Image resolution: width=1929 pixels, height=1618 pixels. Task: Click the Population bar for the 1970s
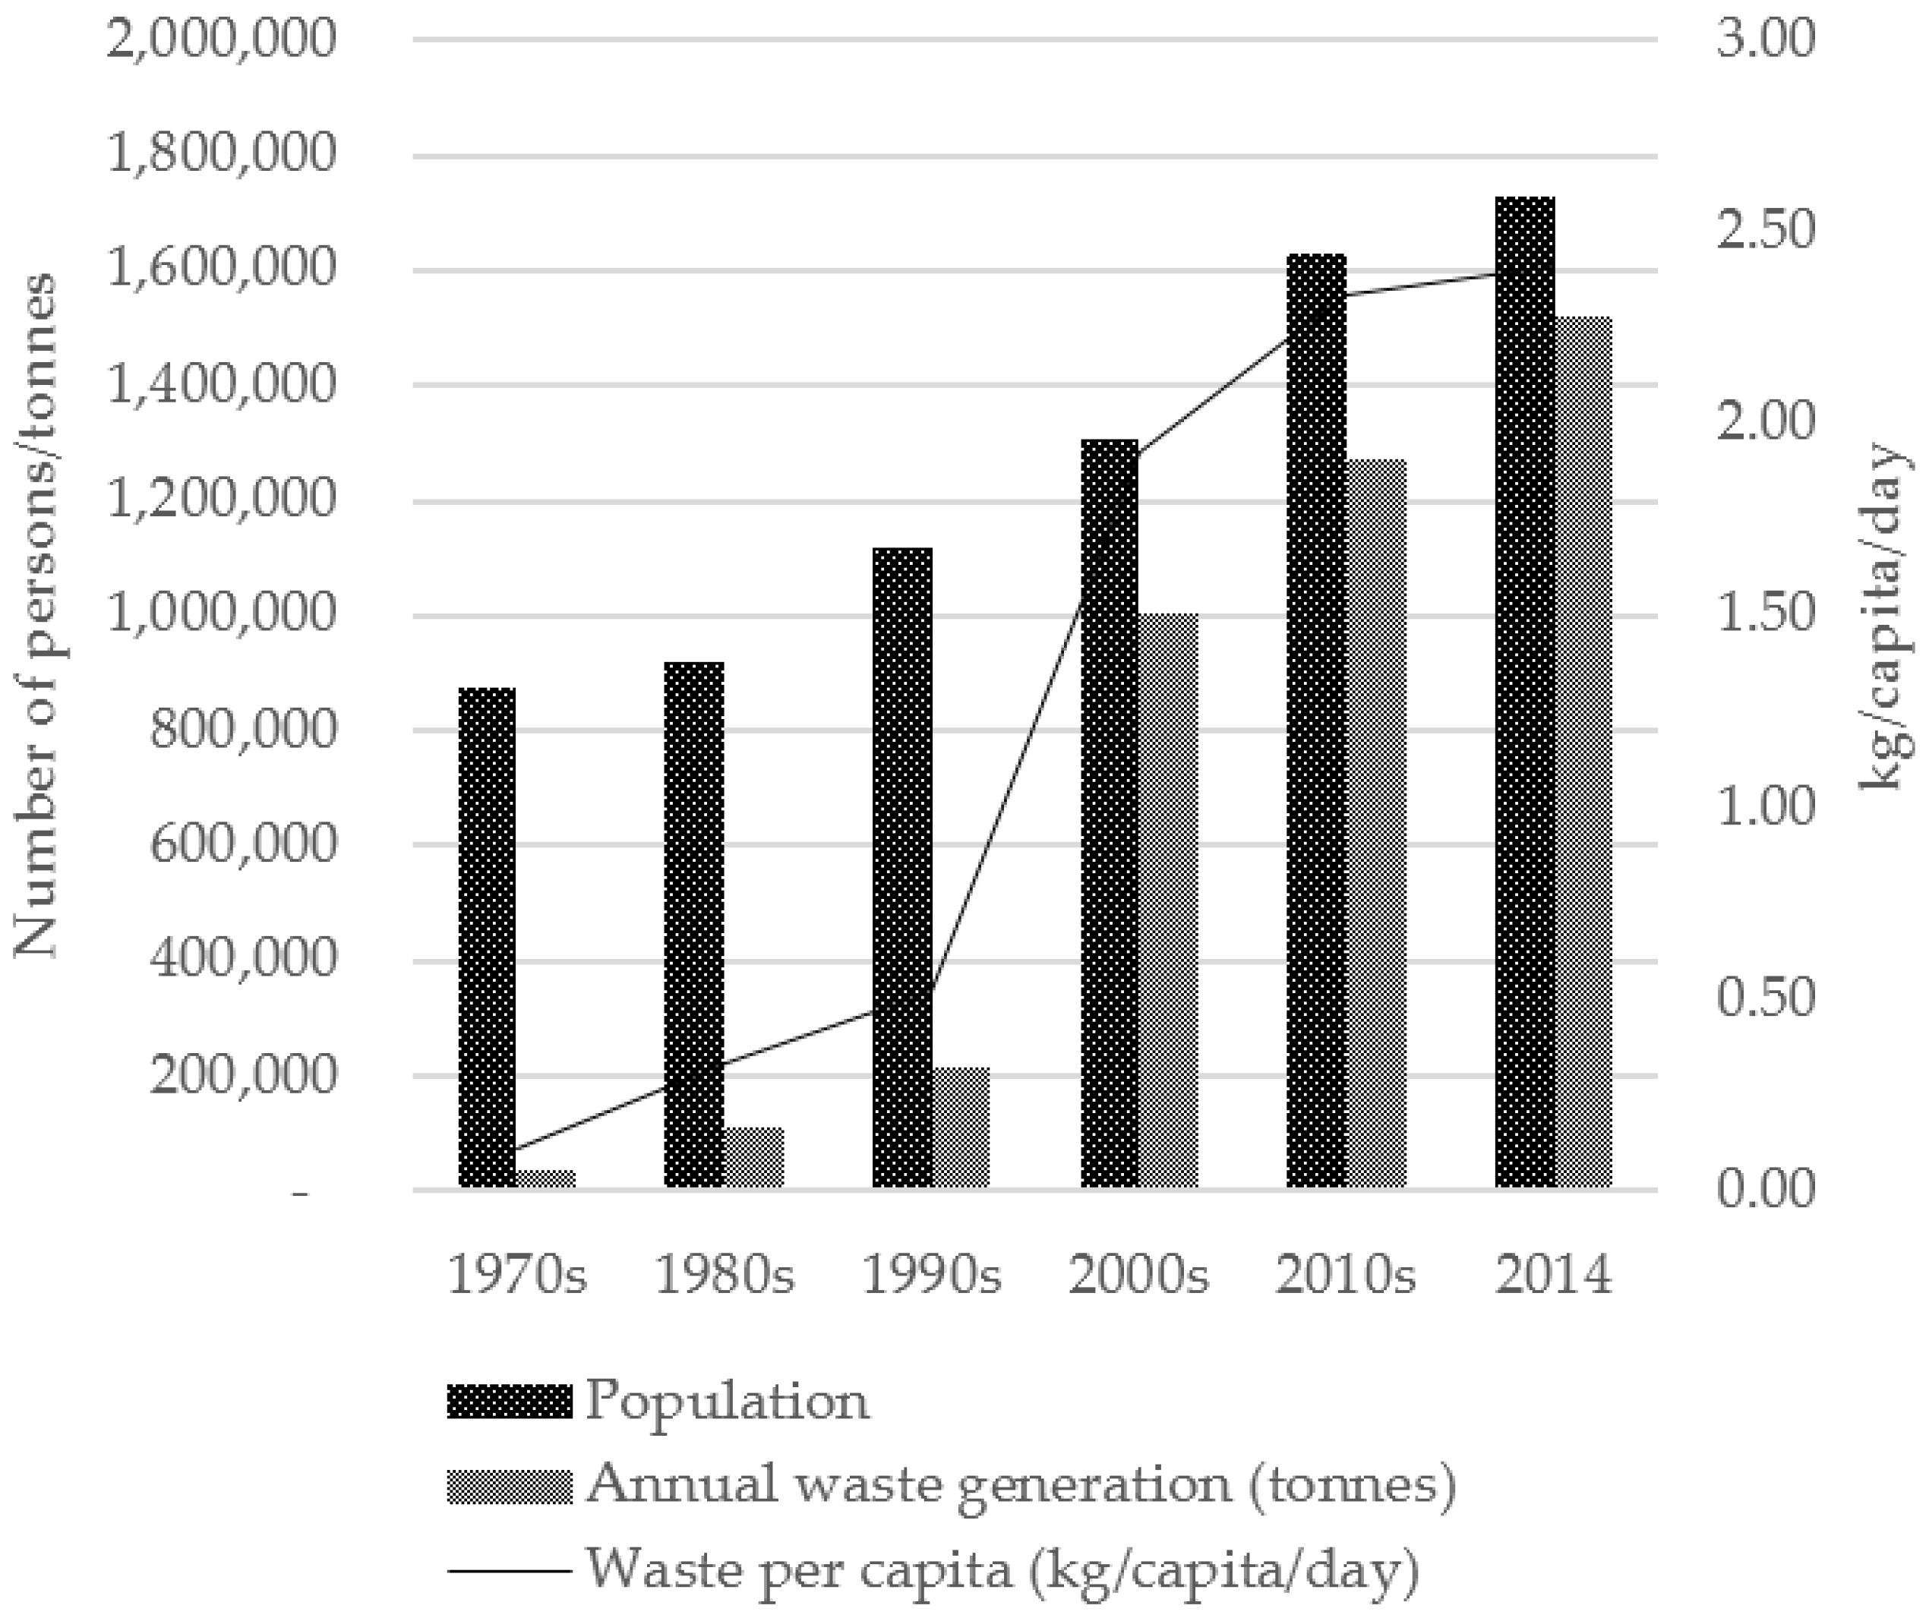(487, 937)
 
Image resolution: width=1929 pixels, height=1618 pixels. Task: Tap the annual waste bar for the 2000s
(1169, 900)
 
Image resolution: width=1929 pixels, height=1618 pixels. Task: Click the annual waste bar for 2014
(1583, 753)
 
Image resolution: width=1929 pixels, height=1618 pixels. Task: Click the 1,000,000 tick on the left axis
(221, 614)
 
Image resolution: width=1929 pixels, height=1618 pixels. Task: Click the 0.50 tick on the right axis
(1766, 998)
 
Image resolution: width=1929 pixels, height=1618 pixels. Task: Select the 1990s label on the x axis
(931, 1276)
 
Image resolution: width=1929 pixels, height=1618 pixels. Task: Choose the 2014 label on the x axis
(1553, 1276)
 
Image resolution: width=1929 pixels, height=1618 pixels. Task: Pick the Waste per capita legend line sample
(510, 1570)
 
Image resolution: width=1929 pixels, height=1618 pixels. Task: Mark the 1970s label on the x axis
(516, 1276)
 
